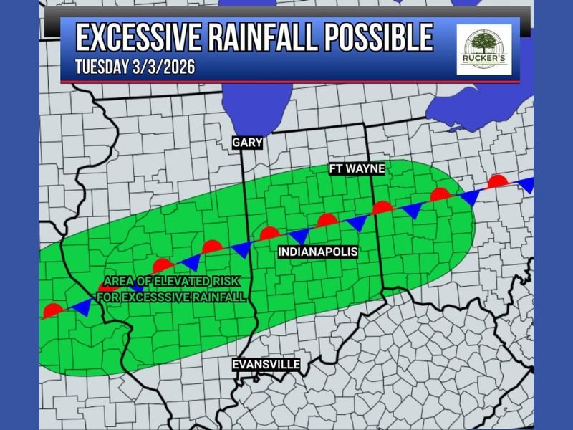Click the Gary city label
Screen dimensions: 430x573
pos(247,143)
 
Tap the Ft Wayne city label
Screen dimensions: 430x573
pos(357,169)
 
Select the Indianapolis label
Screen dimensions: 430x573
pos(318,252)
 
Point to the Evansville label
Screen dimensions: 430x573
pos(266,365)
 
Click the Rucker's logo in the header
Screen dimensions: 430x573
pos(484,49)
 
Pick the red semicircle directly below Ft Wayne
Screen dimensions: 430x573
pos(382,208)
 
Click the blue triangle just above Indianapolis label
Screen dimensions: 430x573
pos(299,236)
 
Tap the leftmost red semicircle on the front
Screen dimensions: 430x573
pos(52,311)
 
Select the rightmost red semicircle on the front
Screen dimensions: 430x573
pos(498,181)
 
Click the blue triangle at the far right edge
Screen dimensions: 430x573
pos(526,185)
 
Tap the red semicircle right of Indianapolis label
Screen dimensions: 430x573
pos(327,220)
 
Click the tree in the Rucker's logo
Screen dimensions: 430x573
pos(484,43)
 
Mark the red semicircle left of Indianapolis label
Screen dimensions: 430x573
pos(269,233)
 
